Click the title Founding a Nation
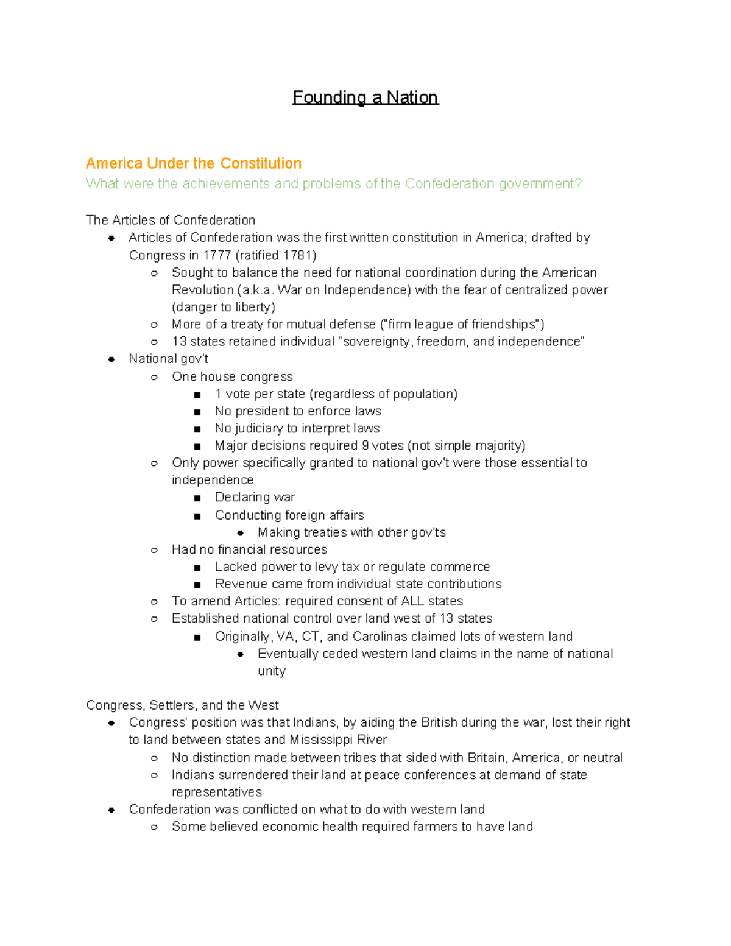(365, 97)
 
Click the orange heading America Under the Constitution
(194, 163)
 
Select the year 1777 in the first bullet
(217, 255)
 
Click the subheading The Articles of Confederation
(171, 220)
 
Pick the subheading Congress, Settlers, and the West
(182, 705)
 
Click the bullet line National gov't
(168, 359)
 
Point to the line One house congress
(232, 376)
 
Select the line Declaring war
(255, 497)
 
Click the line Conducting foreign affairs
(289, 515)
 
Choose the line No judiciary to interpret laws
(297, 428)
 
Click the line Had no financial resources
(249, 549)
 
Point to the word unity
(272, 671)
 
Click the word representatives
(217, 792)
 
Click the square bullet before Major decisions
(197, 447)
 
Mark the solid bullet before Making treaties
(241, 533)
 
